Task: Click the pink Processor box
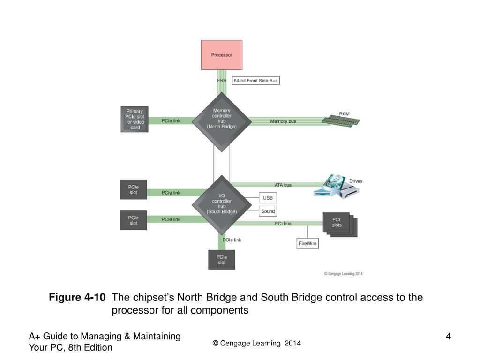tap(222, 55)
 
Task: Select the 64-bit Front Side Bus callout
tap(255, 81)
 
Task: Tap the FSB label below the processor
tap(222, 81)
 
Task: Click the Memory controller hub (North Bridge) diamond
tap(222, 119)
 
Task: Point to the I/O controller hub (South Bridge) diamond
tap(222, 204)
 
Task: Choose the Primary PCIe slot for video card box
tap(135, 119)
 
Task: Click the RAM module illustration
tap(341, 120)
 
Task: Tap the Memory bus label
tap(283, 121)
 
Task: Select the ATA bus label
tap(283, 185)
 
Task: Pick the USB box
tap(268, 198)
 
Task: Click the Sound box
tap(268, 211)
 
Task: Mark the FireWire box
tap(308, 243)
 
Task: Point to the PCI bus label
tap(283, 224)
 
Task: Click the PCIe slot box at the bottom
tap(222, 260)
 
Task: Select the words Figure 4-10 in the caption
tap(77, 298)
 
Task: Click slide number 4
tap(448, 336)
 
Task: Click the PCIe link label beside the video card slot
tap(171, 121)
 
